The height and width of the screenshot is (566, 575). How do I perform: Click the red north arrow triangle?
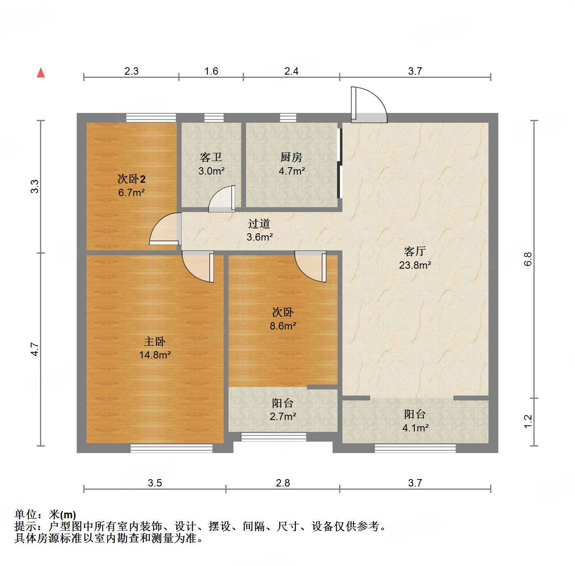pos(41,73)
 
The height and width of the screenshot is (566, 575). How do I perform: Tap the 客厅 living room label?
pos(415,251)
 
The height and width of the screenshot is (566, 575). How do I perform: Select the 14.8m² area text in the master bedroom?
pos(155,355)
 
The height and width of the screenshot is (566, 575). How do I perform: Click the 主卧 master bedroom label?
pos(155,341)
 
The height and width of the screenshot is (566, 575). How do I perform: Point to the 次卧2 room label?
pos(131,179)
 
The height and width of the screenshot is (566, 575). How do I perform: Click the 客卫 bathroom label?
pos(211,157)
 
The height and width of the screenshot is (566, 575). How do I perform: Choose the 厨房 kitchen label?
pos(291,157)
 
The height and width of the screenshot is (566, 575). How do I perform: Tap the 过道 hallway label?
pos(259,223)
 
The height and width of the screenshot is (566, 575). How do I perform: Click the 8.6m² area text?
pos(283,326)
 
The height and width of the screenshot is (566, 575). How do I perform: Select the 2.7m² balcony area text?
pos(283,417)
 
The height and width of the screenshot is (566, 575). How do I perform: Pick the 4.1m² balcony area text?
pos(415,428)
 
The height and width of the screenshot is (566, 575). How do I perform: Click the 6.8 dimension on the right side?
pos(528,259)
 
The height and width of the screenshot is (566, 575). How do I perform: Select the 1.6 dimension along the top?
pos(211,71)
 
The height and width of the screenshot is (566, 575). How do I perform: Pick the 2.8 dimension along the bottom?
pos(283,483)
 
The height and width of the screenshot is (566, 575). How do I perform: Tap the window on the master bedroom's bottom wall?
pos(171,448)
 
